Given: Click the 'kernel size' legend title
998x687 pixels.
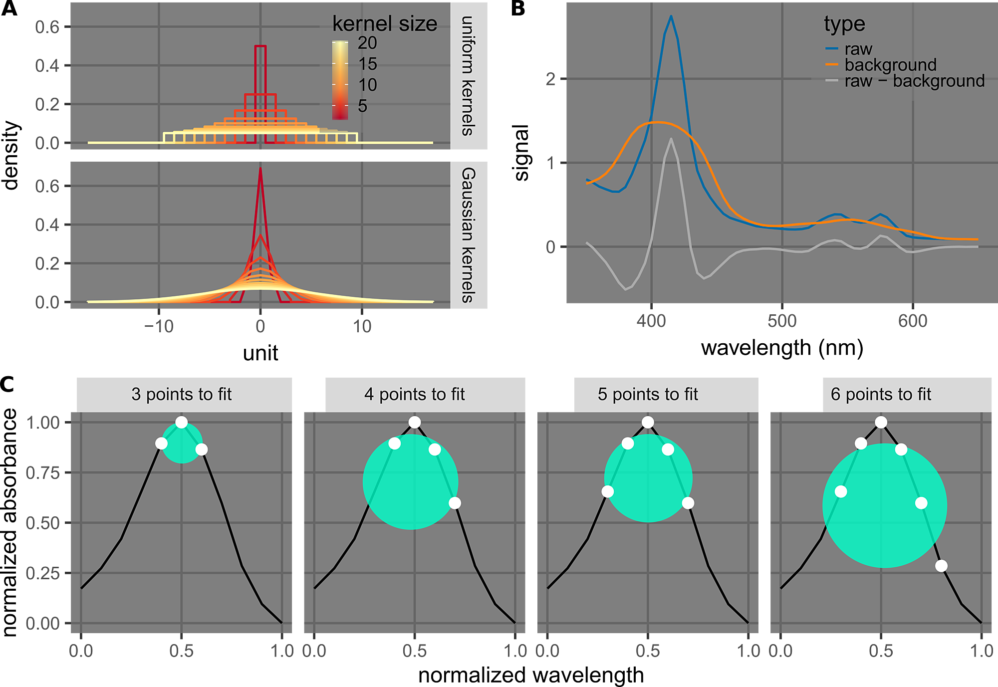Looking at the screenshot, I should click(384, 24).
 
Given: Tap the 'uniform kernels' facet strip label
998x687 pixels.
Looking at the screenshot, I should click(468, 76).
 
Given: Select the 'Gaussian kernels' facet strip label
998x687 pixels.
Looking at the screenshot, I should click(468, 235).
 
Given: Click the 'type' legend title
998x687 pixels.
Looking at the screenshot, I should click(844, 24).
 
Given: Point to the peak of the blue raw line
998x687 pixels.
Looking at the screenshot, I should click(671, 16).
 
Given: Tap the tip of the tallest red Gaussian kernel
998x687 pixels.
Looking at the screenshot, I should click(260, 168).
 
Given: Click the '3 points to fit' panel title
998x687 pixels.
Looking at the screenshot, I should click(182, 394).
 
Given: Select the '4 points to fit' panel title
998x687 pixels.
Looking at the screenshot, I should click(414, 394).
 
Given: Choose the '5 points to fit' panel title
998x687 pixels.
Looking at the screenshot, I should click(648, 394).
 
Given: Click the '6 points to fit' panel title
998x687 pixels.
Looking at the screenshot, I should click(881, 394).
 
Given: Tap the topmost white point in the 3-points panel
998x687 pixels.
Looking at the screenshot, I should click(182, 422).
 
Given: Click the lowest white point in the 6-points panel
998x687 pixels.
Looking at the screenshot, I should click(941, 566).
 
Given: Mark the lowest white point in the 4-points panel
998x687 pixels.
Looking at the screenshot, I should click(455, 503).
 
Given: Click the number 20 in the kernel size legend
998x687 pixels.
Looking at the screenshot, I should click(367, 43).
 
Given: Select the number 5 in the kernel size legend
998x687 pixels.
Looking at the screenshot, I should click(362, 106).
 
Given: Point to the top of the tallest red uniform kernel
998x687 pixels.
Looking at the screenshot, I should click(260, 46).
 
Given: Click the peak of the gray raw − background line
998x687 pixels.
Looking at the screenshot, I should click(671, 139).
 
